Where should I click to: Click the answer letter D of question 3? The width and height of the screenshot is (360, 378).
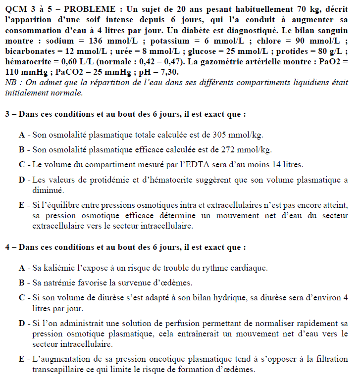(x=22, y=179)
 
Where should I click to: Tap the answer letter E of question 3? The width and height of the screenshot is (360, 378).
(x=22, y=204)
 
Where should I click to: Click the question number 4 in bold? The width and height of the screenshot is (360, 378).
(x=7, y=246)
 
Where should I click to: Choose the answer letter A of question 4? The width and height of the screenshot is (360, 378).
(x=22, y=268)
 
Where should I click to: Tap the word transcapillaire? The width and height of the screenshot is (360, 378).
(x=56, y=369)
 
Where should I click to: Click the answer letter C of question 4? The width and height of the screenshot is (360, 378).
(x=22, y=297)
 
